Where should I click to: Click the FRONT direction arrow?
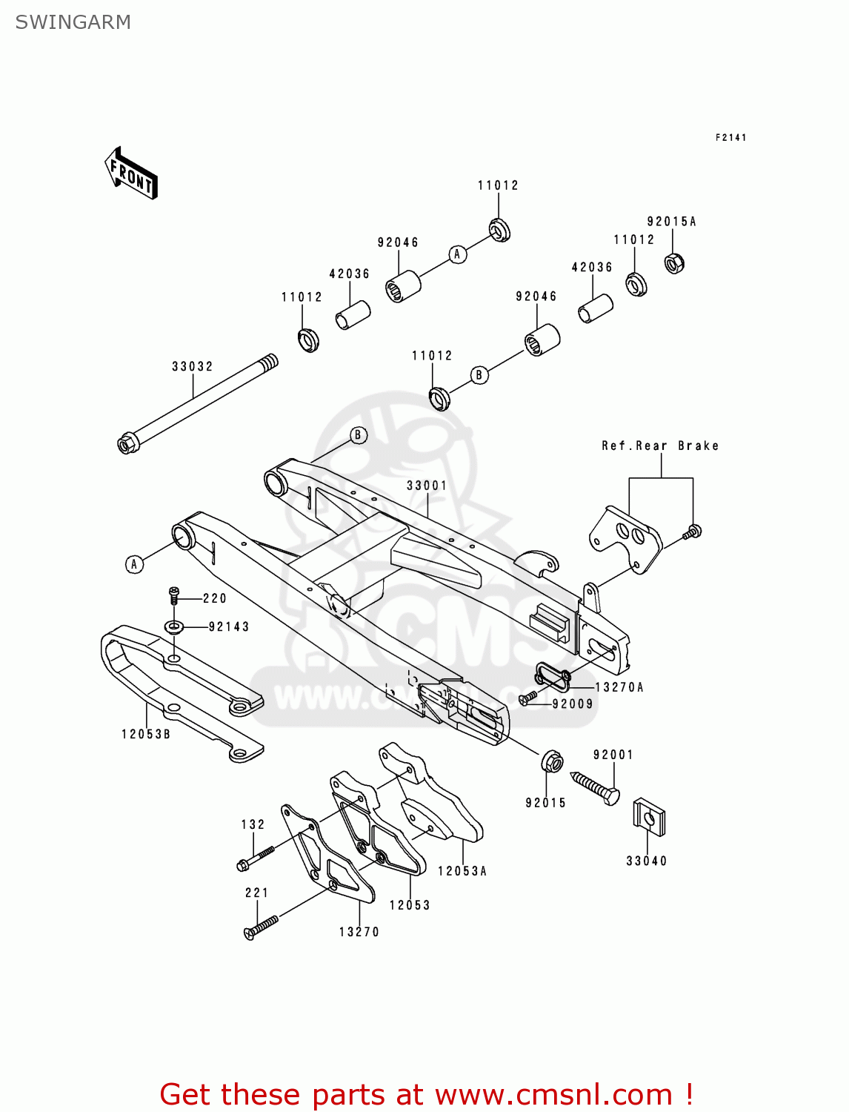coord(131,173)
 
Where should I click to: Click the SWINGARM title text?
coord(73,22)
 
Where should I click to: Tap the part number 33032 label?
coord(192,366)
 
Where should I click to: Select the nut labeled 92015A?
coord(673,262)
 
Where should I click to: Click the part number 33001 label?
coord(427,486)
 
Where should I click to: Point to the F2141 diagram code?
coord(730,137)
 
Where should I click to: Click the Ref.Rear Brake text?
coord(659,446)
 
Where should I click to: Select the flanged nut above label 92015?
coord(551,761)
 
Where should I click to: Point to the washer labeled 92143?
coord(174,627)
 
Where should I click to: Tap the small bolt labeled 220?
coord(174,595)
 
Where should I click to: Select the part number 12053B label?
coord(146,734)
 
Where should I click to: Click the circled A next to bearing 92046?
coord(457,254)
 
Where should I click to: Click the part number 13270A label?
coord(619,687)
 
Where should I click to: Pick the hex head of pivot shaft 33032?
coord(127,444)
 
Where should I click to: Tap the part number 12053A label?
coord(462,871)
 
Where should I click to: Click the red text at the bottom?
coord(426,1094)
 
